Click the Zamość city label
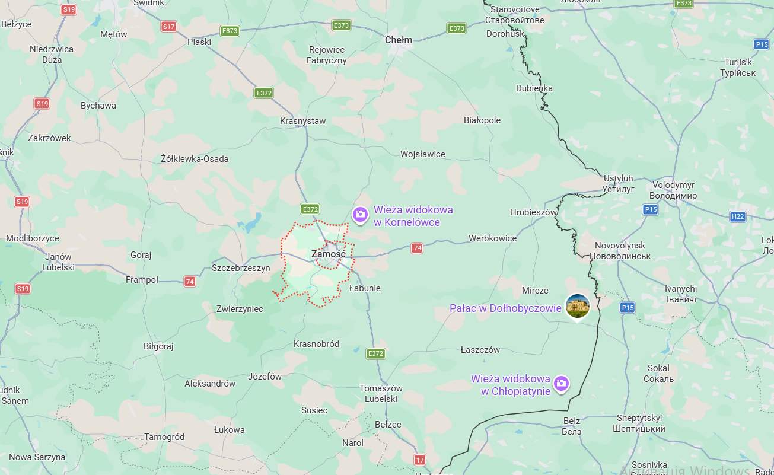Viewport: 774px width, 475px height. [x=328, y=254]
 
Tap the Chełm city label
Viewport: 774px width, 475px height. [x=398, y=40]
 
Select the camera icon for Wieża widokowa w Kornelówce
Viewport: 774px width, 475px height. [x=359, y=215]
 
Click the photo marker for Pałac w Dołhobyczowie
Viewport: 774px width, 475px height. [x=577, y=305]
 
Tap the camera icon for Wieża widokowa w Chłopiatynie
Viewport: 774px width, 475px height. [x=561, y=384]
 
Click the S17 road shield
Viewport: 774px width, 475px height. [x=168, y=27]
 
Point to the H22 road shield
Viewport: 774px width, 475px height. [x=737, y=216]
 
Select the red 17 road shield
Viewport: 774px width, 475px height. [x=420, y=460]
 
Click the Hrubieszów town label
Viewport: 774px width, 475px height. [x=534, y=212]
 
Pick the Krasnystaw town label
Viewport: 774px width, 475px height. [x=302, y=121]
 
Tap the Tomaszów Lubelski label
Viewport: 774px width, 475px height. [x=381, y=394]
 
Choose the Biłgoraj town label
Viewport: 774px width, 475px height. [x=158, y=346]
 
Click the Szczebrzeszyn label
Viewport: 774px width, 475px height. [x=241, y=268]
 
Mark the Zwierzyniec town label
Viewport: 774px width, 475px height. [x=240, y=309]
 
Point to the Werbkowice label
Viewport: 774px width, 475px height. [x=492, y=238]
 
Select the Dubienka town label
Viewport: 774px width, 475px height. [x=534, y=88]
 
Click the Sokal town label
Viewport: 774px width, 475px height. [x=658, y=373]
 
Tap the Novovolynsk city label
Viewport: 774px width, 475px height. [x=620, y=250]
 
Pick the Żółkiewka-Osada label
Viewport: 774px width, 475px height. [x=195, y=159]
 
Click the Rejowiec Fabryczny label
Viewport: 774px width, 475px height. [x=326, y=55]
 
